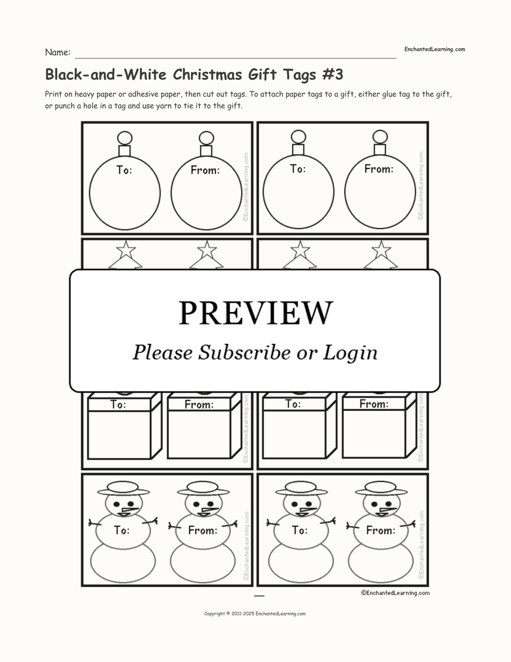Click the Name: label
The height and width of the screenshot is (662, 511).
pos(58,52)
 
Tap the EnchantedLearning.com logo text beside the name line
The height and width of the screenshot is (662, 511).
pos(435,49)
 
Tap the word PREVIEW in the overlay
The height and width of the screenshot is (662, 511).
pos(255,313)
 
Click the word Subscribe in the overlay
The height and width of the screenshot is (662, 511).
pos(244,352)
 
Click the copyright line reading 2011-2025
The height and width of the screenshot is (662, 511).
pos(255,614)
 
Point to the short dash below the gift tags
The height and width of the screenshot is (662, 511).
pos(259,596)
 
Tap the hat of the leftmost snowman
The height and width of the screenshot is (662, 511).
pos(123,489)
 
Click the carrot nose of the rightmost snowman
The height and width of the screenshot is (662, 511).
pos(389,509)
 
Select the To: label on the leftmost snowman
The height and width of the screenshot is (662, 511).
pos(122,530)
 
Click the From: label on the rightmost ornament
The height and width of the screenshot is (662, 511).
pos(379,169)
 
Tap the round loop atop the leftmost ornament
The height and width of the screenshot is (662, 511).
pos(125,138)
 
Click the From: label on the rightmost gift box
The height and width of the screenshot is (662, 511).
pos(374,404)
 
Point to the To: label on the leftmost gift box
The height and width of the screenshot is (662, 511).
pos(118,405)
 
